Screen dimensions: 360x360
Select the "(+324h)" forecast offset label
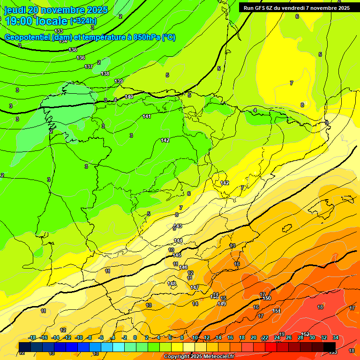[83, 21]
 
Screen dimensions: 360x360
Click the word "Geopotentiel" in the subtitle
[27, 37]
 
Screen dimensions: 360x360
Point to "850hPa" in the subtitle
[146, 37]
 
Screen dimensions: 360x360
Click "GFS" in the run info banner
[261, 7]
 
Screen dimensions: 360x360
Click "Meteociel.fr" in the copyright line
[215, 357]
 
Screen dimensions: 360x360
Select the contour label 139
[119, 82]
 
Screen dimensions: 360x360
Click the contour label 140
[129, 97]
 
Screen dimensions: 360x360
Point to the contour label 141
[147, 116]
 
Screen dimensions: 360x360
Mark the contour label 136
[81, 58]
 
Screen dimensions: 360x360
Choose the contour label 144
[178, 240]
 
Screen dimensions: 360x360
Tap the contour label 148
[172, 284]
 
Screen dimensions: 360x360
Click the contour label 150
[267, 298]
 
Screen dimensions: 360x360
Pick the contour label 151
[277, 311]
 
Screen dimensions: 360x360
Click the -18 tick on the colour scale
[32, 338]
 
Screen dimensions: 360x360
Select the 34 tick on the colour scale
[336, 338]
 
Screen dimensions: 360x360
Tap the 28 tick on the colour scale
[300, 338]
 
